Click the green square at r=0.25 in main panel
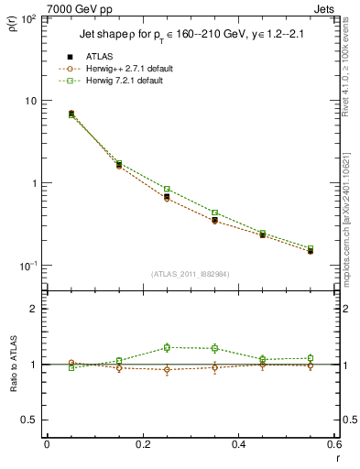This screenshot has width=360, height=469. click(167, 189)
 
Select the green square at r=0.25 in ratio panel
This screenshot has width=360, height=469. click(167, 347)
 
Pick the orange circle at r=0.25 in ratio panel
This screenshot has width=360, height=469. click(167, 370)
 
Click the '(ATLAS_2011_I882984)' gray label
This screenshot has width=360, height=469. click(190, 274)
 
